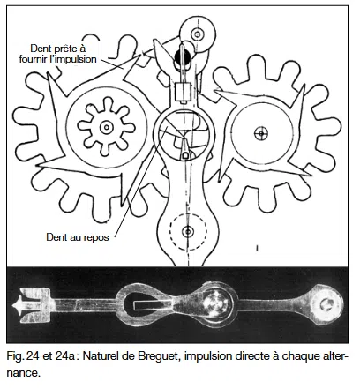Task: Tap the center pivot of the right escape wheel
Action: (260, 132)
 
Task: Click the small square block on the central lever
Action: (185, 92)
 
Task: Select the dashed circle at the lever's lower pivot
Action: (185, 232)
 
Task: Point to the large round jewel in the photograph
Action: (215, 306)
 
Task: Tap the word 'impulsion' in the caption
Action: (207, 358)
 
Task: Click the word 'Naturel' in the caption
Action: (106, 358)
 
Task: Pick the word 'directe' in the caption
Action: (256, 358)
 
